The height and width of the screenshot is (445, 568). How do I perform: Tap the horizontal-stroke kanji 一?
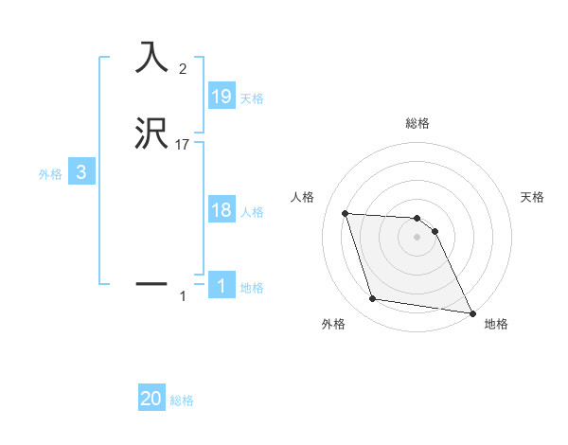[x=151, y=282]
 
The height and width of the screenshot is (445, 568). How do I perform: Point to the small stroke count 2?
[x=183, y=68]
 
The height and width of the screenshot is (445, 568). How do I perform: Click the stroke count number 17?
[x=183, y=145]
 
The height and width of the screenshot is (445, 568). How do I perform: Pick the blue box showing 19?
[x=221, y=97]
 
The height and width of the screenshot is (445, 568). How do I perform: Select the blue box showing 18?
[x=221, y=210]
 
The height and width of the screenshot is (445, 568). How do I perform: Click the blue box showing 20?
[x=151, y=400]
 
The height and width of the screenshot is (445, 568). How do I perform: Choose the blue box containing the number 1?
[x=221, y=286]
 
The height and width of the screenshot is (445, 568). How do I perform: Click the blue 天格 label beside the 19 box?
[x=252, y=98]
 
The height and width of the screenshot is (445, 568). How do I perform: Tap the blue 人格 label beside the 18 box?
[x=252, y=212]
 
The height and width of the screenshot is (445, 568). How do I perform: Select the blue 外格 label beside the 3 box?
[x=49, y=174]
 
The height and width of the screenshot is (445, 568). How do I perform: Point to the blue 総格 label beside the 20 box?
[x=182, y=401]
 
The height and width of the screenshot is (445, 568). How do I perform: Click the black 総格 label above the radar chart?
[x=417, y=124]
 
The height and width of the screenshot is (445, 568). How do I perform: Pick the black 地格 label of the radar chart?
[x=496, y=324]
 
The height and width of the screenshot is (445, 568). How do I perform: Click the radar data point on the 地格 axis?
[x=471, y=311]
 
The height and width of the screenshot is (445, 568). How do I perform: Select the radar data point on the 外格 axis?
[x=373, y=299]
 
